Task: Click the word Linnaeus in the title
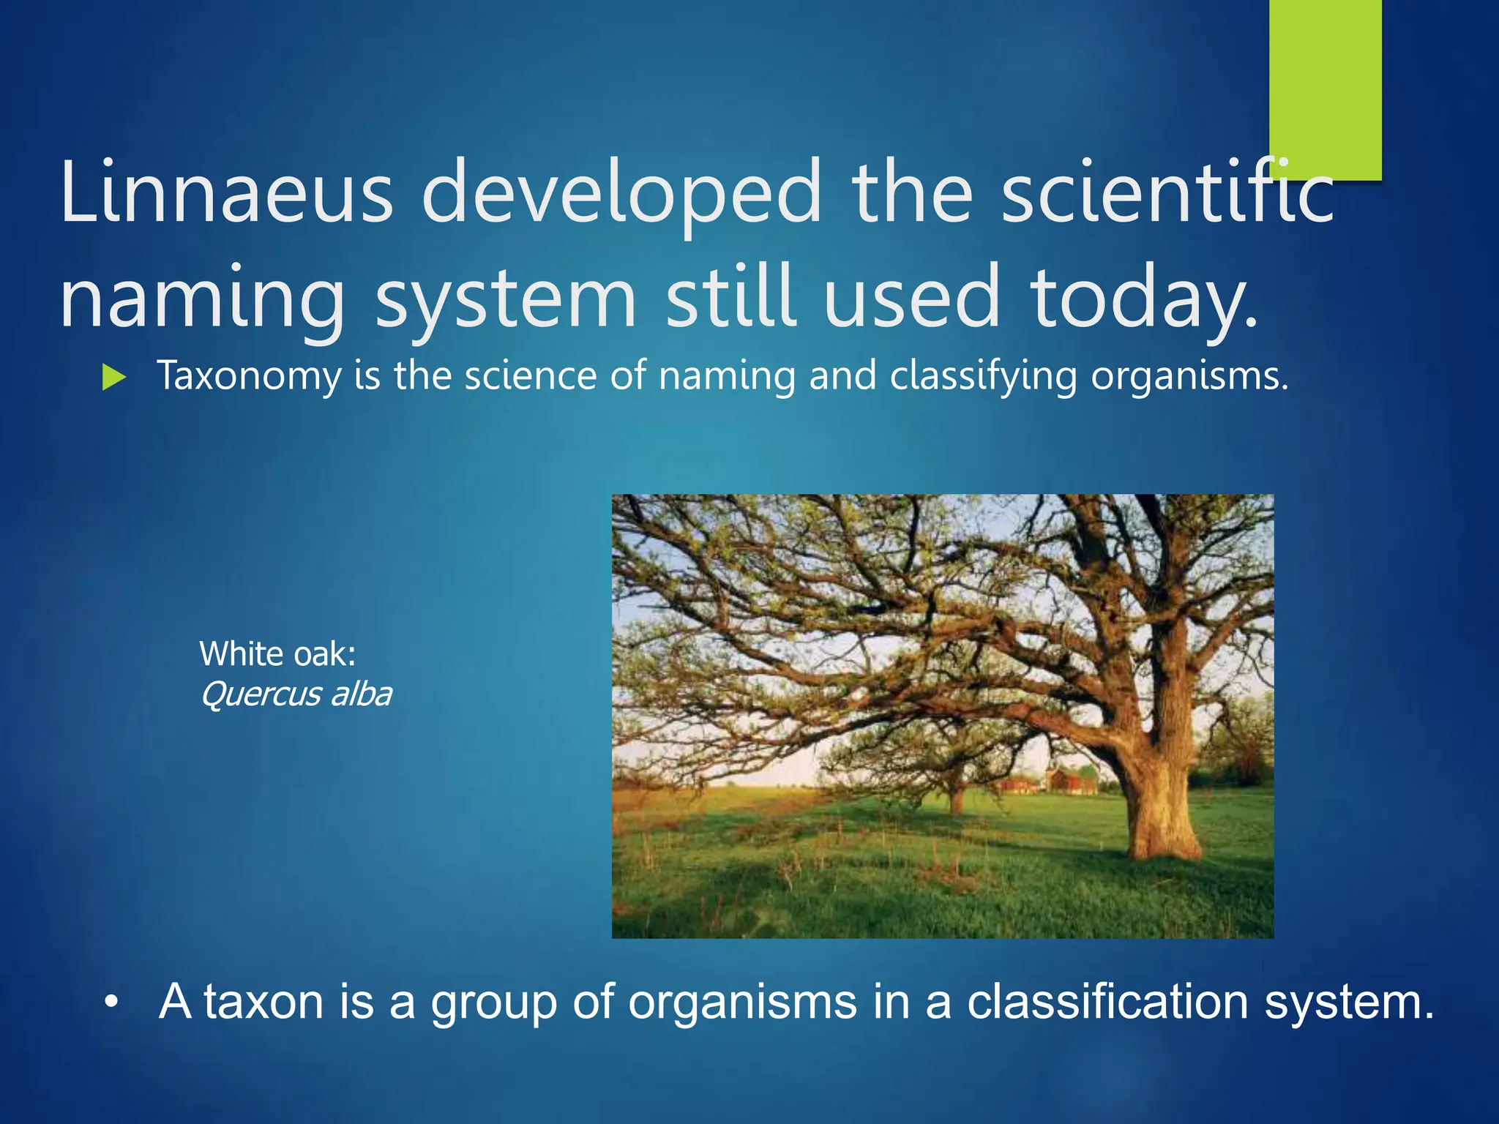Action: pos(227,192)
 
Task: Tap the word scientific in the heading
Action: pos(1167,192)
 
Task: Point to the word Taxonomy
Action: pos(249,377)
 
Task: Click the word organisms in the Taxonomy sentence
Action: pos(1189,377)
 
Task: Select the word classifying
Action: pos(983,377)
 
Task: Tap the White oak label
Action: pos(277,653)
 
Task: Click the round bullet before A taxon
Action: pos(111,1002)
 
